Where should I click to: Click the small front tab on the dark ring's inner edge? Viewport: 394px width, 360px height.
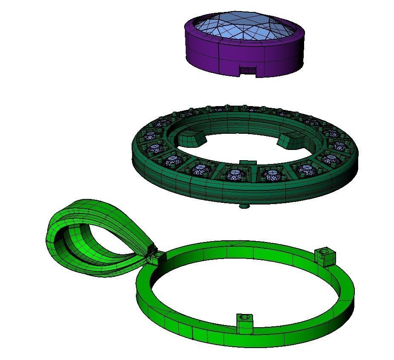(x=248, y=162)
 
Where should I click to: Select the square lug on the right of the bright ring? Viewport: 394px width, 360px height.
(x=325, y=256)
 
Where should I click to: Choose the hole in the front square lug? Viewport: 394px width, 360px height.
(x=244, y=317)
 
